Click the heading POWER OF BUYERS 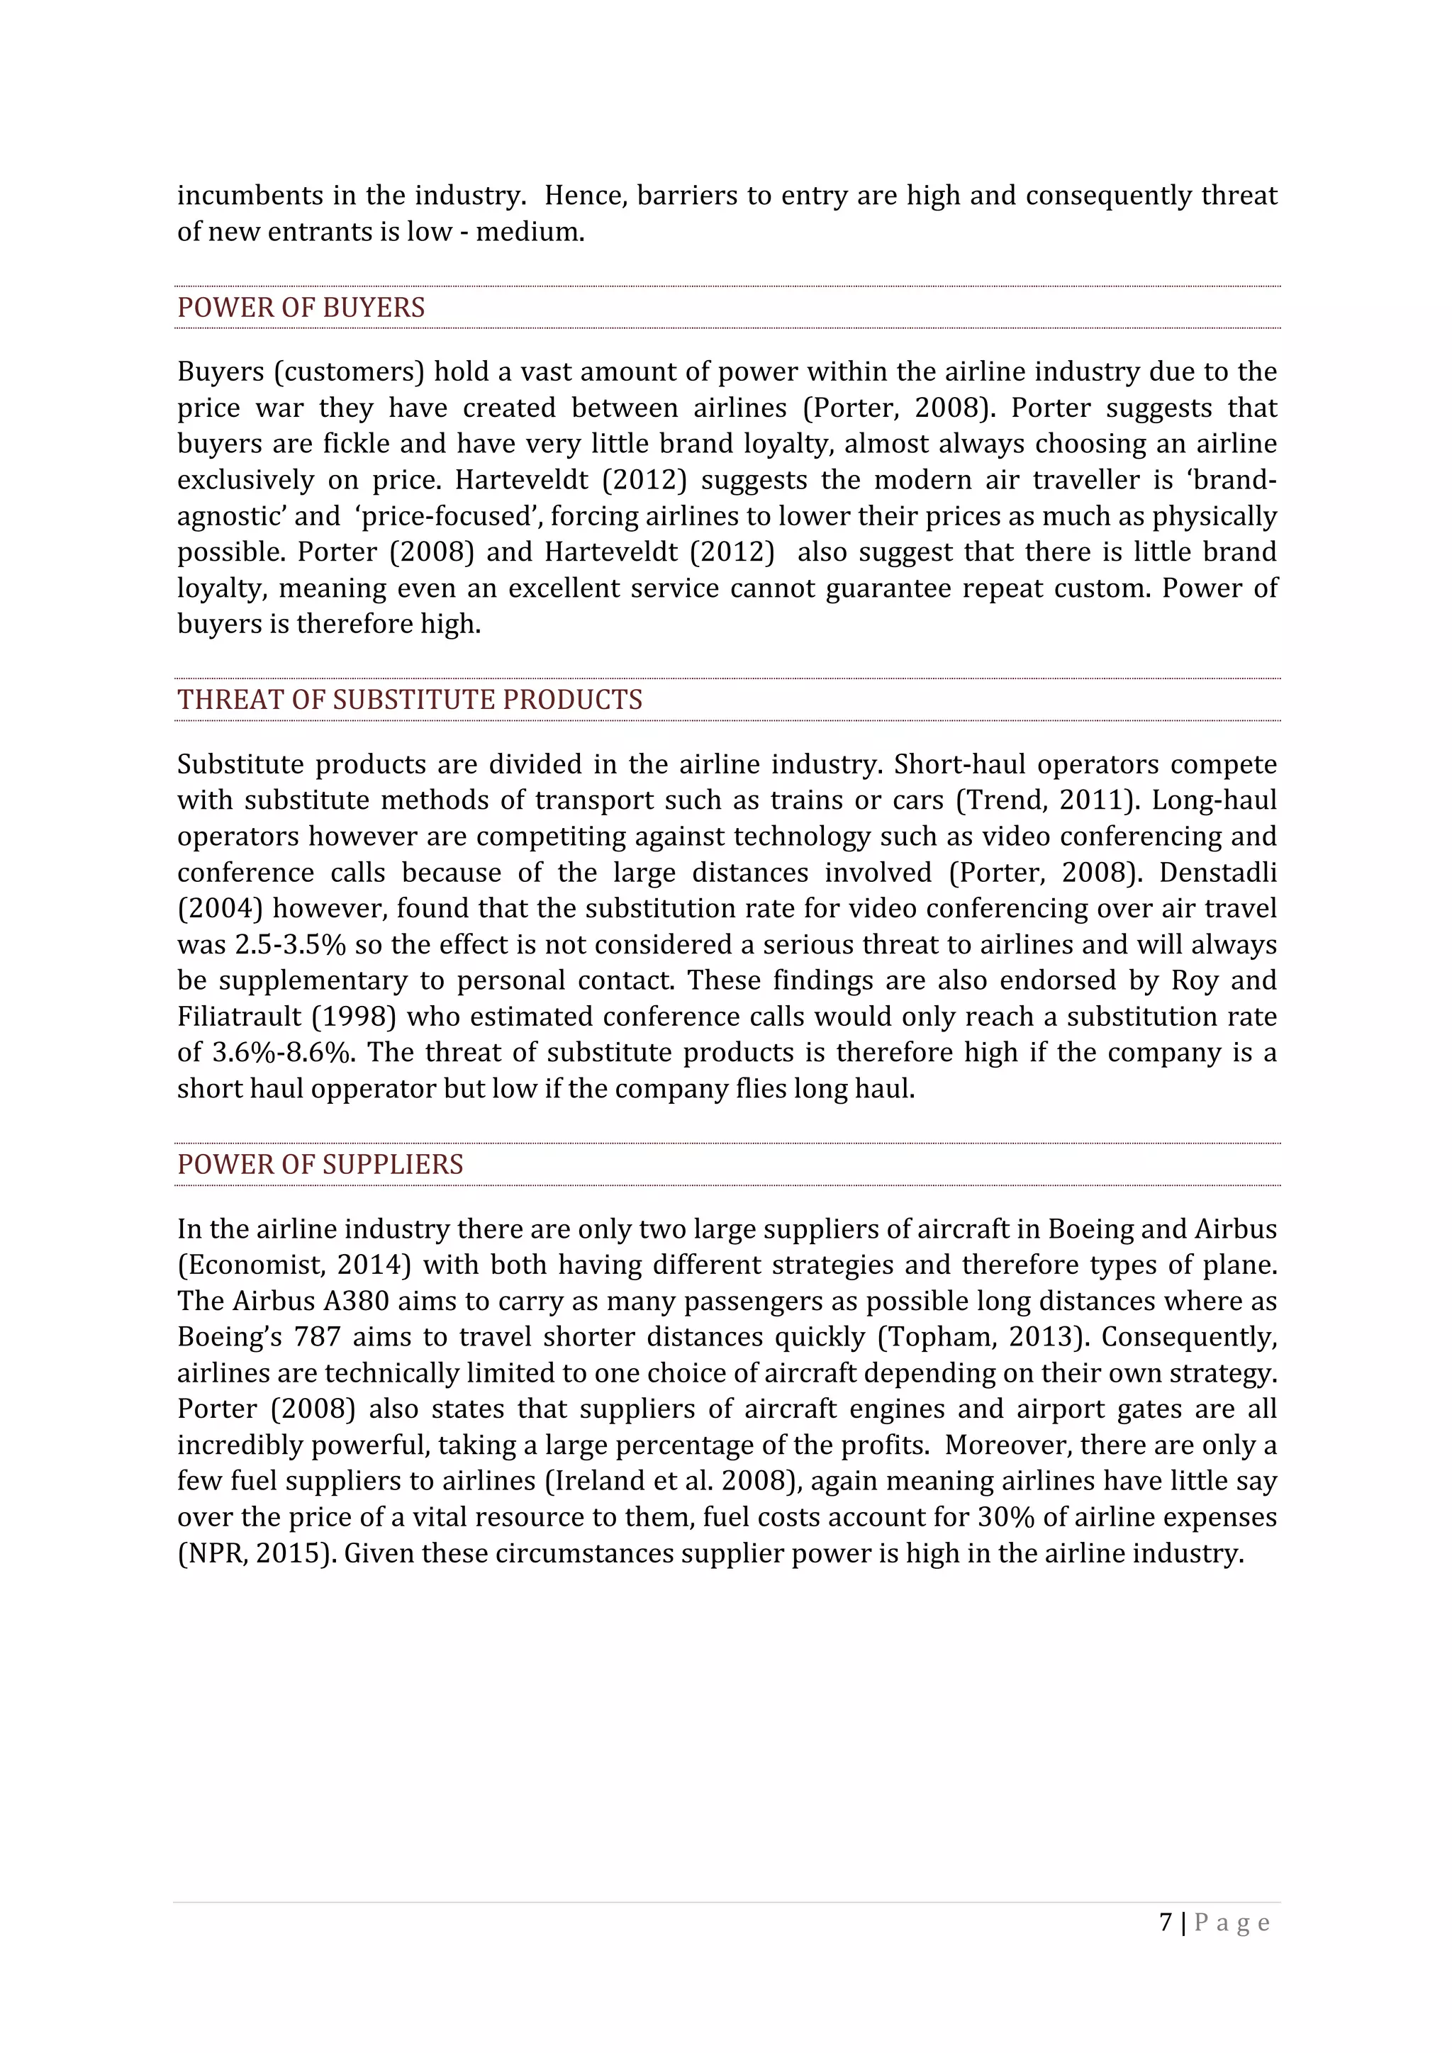(301, 308)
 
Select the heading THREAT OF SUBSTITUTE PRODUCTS (410, 699)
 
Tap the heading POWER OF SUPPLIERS (320, 1164)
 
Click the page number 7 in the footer (1165, 1923)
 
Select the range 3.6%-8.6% (281, 1053)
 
